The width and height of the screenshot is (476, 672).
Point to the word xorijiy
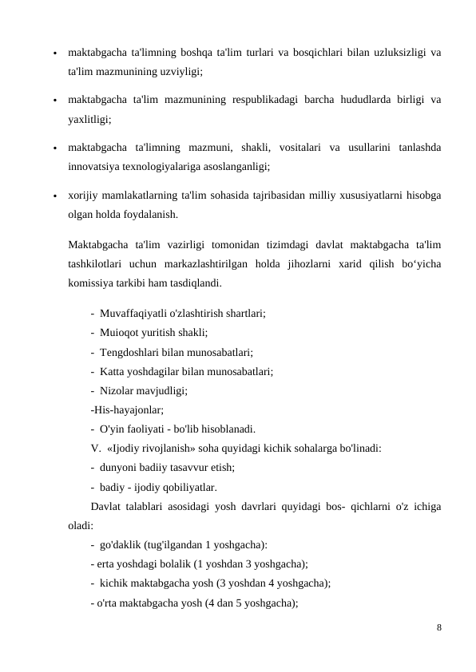point(85,196)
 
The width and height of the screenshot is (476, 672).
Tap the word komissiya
point(92,282)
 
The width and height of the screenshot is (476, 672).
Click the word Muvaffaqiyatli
point(136,314)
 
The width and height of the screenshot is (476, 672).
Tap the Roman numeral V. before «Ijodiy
point(97,448)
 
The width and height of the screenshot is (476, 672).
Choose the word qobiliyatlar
point(186,486)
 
